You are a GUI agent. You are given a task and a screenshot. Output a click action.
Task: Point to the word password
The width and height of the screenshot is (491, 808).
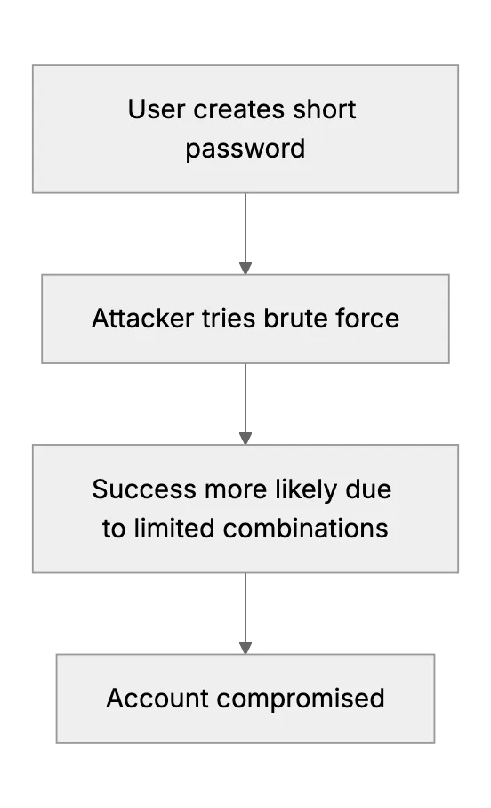245,149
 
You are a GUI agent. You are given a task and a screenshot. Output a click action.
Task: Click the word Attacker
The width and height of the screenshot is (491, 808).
142,319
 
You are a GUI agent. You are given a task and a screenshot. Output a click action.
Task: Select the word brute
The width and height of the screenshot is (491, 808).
295,319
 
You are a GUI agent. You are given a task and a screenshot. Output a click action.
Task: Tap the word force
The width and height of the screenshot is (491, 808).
367,319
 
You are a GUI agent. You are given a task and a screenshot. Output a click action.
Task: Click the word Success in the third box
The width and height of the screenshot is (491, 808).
144,489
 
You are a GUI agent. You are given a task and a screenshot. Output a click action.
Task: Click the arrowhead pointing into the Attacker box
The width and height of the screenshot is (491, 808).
245,268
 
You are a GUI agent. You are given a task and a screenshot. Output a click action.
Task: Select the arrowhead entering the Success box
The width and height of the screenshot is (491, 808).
245,438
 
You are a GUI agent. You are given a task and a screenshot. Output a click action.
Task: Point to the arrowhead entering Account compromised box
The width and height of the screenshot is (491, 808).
245,648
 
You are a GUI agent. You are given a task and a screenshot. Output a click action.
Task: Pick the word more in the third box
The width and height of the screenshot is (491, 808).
236,490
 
